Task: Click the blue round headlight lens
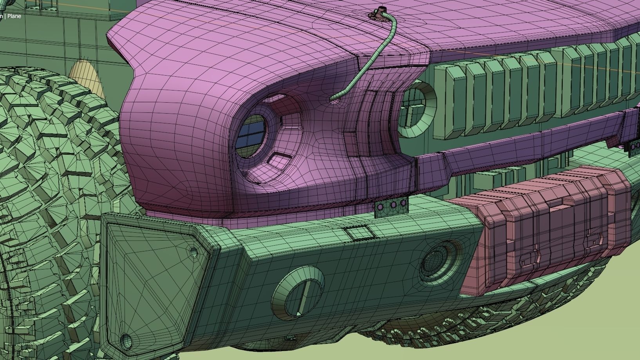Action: tap(251, 136)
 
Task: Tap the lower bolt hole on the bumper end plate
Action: tap(126, 340)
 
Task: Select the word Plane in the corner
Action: tap(14, 16)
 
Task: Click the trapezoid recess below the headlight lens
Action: tap(278, 159)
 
